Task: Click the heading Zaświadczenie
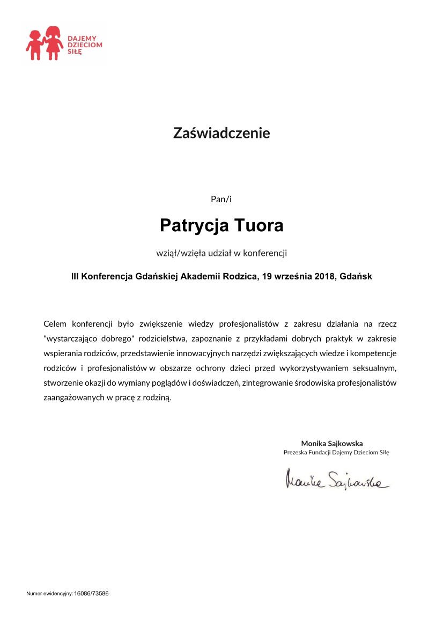[x=221, y=133]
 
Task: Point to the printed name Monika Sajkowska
[x=332, y=444]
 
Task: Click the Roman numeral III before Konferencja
[x=75, y=277]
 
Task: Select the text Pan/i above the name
[x=221, y=199]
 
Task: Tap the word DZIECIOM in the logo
[x=84, y=46]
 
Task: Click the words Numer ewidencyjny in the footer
[x=49, y=594]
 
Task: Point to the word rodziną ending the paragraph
[x=157, y=398]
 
